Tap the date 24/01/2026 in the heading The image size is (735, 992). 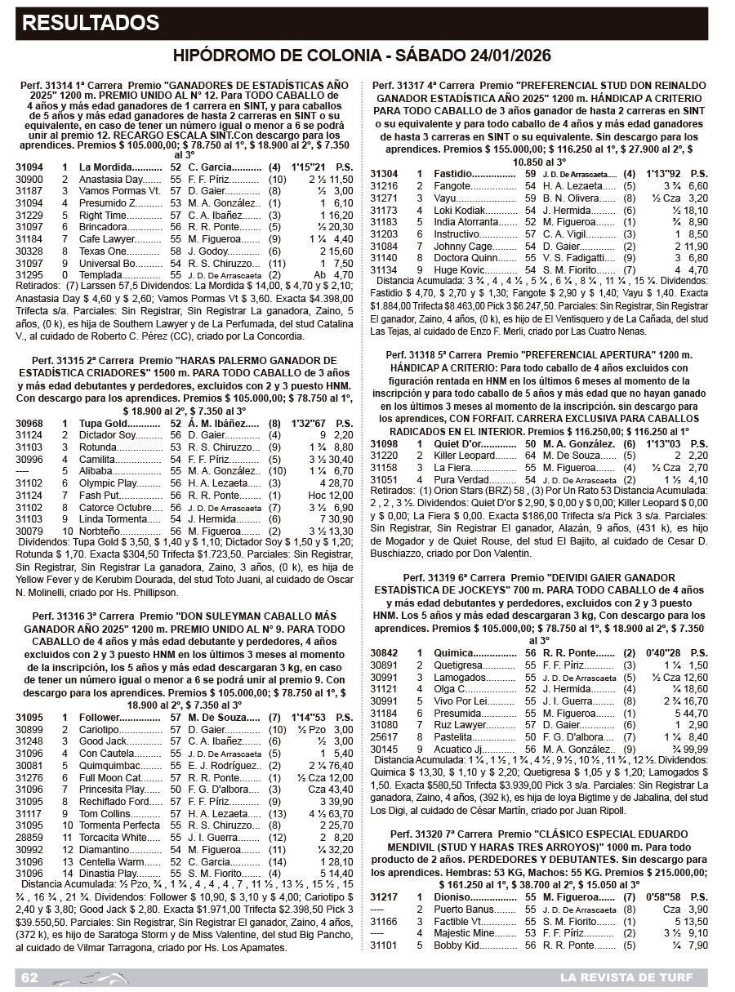coord(503,56)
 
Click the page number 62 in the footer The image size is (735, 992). coord(30,977)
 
